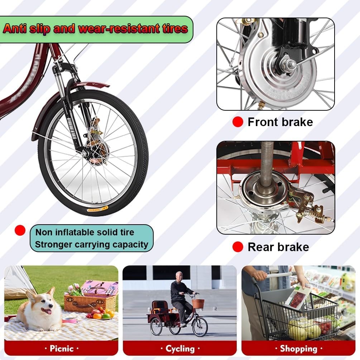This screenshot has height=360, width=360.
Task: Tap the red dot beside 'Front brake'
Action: (237, 122)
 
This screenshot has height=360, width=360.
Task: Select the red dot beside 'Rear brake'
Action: (237, 247)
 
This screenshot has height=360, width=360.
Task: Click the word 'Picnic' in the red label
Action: (62, 349)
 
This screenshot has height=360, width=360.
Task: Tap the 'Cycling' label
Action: (180, 349)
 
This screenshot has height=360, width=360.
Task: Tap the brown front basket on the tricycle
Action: (198, 303)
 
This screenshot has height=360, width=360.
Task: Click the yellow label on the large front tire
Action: (97, 210)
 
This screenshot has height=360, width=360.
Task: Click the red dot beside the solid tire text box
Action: (20, 230)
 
